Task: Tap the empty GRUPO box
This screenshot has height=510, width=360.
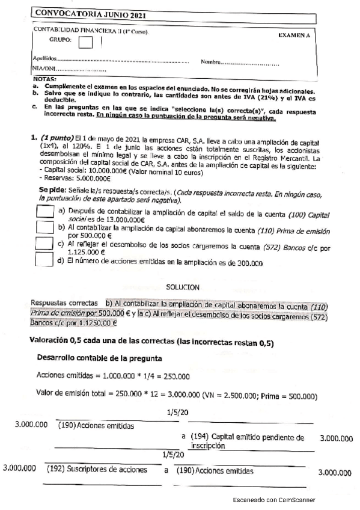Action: tap(86, 41)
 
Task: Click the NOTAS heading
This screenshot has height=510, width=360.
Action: tap(44, 79)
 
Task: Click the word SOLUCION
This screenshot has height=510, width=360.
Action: tap(183, 288)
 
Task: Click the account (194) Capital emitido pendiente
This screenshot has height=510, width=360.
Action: tap(246, 437)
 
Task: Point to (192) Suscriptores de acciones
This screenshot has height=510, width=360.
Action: tap(97, 469)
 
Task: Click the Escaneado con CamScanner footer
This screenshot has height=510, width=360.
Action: tap(275, 500)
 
